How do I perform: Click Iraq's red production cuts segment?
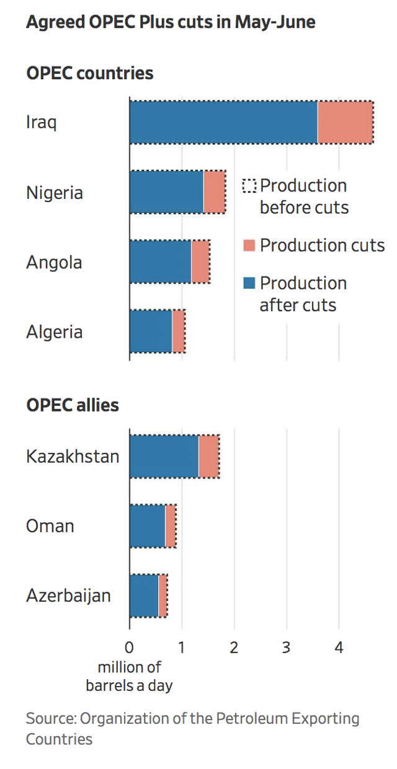(x=345, y=122)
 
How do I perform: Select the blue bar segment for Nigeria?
(x=166, y=192)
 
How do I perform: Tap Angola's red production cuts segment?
(x=200, y=262)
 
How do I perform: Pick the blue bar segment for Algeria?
(x=151, y=332)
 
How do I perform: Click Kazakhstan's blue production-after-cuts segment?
(x=164, y=457)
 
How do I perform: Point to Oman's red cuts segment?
(x=171, y=526)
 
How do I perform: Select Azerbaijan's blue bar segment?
(x=144, y=595)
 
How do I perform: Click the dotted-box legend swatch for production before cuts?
(x=249, y=186)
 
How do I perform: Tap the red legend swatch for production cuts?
(x=249, y=245)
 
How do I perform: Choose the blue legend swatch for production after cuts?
(x=249, y=284)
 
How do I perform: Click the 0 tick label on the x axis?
(x=129, y=648)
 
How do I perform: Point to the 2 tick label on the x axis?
(x=234, y=648)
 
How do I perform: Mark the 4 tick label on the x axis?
(x=339, y=648)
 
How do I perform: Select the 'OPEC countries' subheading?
(x=90, y=73)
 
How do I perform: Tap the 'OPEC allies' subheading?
(x=73, y=405)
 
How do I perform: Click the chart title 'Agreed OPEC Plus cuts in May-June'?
(x=171, y=22)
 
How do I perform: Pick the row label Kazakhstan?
(x=73, y=457)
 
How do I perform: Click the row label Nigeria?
(x=55, y=193)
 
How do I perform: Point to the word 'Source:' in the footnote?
(x=51, y=719)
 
